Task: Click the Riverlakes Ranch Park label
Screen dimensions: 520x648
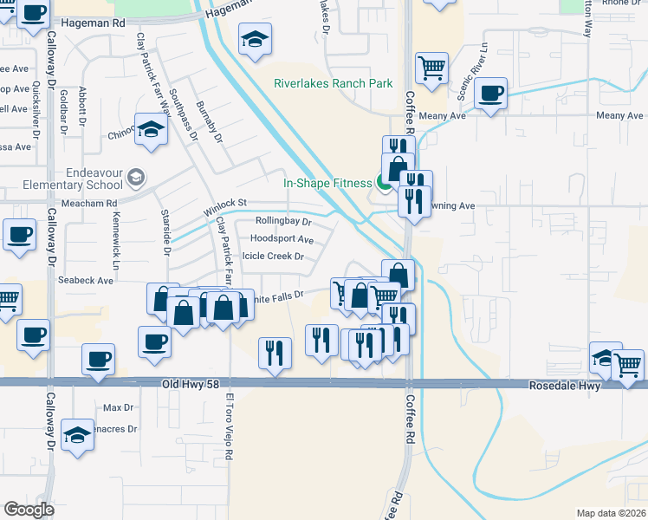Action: coord(334,84)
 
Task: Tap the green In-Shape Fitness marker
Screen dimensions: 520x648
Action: coord(383,183)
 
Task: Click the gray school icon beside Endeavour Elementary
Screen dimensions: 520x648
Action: coord(135,178)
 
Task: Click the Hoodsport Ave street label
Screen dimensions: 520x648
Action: coord(282,238)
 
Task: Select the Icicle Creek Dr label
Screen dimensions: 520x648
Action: coord(274,257)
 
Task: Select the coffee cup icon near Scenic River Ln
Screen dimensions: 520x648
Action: coord(490,93)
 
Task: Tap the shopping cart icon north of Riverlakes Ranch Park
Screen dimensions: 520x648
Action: coord(431,66)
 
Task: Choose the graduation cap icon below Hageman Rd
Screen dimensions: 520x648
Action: coord(256,39)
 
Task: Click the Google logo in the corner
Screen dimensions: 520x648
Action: coord(29,510)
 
